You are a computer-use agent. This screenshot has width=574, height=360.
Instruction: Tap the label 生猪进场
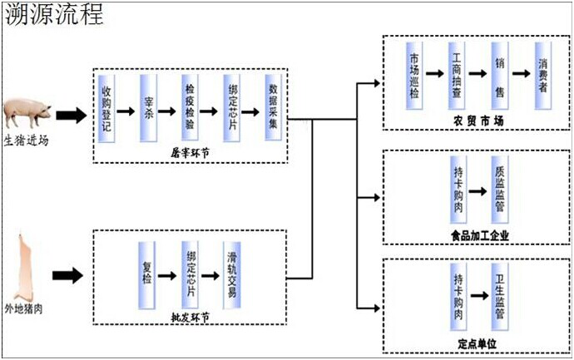[x=26, y=141]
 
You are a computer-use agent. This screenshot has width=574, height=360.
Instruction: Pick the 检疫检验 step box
[x=190, y=109]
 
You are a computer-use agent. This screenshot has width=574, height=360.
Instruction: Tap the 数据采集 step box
[x=273, y=109]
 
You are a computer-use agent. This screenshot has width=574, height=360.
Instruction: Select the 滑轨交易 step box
[x=232, y=274]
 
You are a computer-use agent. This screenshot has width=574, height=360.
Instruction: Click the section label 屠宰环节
[x=190, y=153]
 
